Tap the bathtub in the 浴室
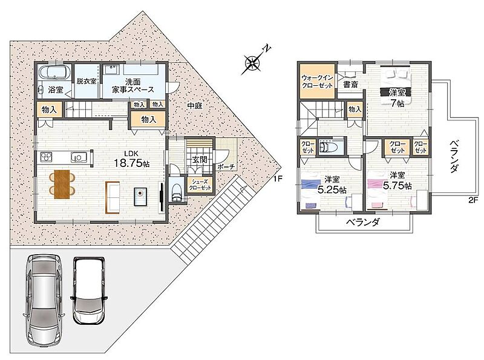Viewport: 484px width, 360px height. (54, 72)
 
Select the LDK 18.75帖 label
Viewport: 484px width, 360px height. (131, 159)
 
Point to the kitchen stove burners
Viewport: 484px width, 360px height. (47, 157)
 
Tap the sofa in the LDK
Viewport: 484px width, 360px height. (113, 198)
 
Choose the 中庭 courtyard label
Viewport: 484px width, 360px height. (195, 106)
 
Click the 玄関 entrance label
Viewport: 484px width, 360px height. (200, 160)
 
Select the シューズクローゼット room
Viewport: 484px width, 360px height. (200, 185)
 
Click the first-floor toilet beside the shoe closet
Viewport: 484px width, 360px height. (177, 191)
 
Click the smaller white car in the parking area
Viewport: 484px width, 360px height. (89, 290)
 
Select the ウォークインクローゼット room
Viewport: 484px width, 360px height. (318, 81)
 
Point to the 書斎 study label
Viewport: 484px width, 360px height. (351, 84)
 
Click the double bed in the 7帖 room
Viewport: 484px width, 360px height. (396, 87)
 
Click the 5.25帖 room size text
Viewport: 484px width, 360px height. (332, 189)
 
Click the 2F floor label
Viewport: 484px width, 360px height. (473, 200)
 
